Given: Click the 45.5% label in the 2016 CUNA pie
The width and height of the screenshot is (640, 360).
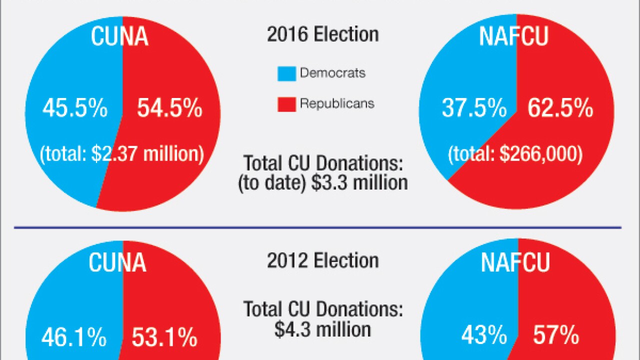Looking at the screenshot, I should pos(74,108).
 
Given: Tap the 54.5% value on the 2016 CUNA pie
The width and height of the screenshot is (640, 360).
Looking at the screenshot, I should pos(169,108).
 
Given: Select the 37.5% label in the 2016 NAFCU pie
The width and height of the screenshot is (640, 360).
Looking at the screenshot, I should pos(474,108).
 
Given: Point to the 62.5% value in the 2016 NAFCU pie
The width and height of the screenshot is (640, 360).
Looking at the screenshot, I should pos(560,108).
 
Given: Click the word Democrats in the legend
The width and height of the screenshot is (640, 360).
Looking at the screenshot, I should pos(332,73).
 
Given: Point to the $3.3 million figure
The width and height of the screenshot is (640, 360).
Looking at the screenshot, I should pos(359,182).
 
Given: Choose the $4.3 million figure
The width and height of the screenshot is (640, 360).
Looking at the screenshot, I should pos(322,329).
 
